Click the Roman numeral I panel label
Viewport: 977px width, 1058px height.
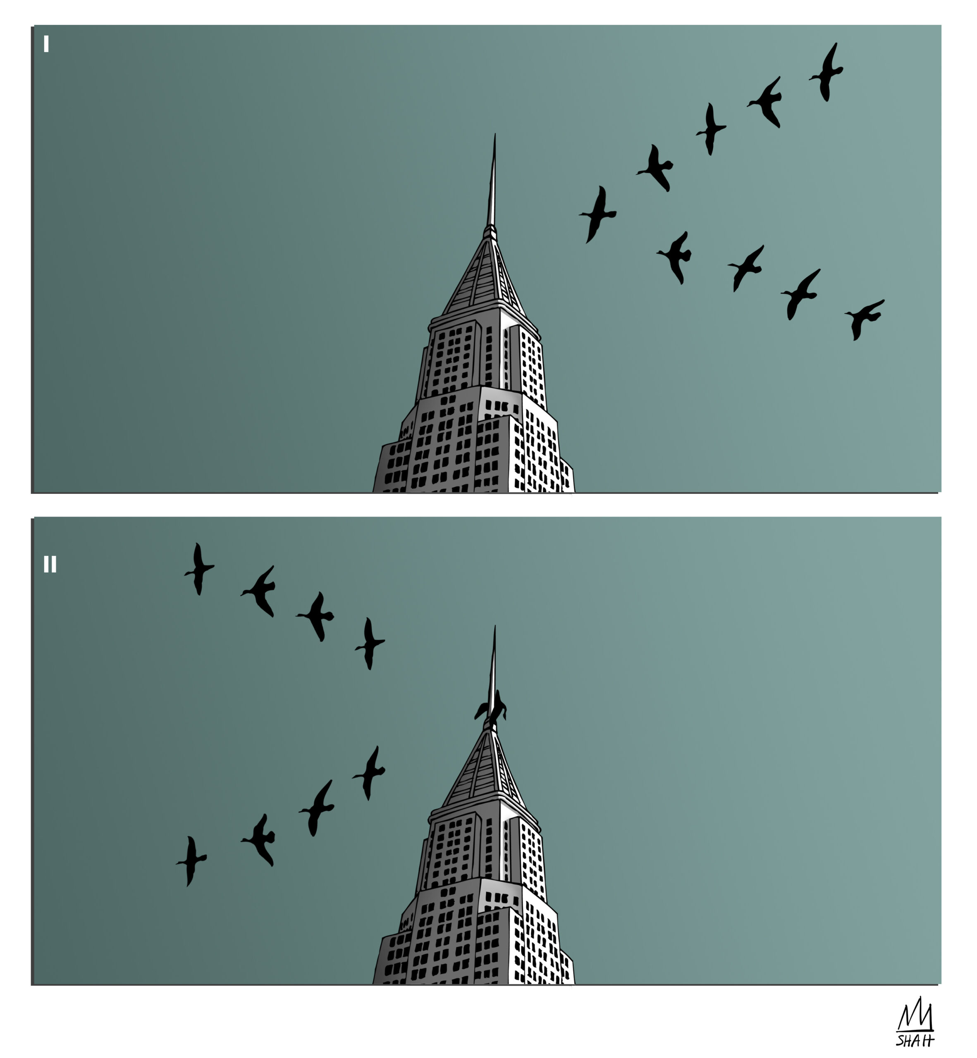tap(47, 44)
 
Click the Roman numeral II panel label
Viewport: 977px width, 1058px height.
tap(50, 565)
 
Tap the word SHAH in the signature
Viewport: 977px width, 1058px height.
tap(915, 1040)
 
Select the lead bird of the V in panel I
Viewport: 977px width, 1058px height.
tap(598, 214)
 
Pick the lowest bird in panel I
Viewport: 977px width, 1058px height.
tap(863, 319)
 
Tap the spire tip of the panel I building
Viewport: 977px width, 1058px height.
tap(495, 134)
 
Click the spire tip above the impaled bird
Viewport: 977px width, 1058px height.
tap(495, 626)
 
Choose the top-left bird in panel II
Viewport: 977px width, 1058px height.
tap(199, 569)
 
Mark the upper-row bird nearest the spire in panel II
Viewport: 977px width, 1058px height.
tap(370, 643)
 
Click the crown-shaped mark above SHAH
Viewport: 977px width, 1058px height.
tap(915, 1015)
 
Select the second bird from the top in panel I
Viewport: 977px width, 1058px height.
tap(765, 102)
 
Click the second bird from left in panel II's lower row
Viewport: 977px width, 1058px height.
tap(258, 839)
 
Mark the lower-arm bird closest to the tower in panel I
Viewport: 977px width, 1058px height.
tap(675, 257)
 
